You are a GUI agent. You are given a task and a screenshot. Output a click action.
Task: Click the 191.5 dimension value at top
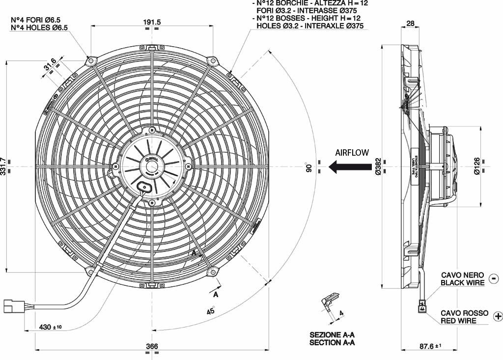pyautogui.click(x=152, y=22)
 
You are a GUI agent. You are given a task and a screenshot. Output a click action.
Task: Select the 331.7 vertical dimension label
pyautogui.click(x=4, y=167)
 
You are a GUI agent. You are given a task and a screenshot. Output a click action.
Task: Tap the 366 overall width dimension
pyautogui.click(x=152, y=346)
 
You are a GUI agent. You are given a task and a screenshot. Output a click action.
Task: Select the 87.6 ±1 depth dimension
pyautogui.click(x=428, y=346)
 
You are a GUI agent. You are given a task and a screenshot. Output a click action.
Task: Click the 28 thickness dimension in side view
pyautogui.click(x=411, y=24)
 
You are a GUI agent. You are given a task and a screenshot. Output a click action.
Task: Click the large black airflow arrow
pyautogui.click(x=349, y=167)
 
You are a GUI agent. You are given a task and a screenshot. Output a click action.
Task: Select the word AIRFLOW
pyautogui.click(x=352, y=152)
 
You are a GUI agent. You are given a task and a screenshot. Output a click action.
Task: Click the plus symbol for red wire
pyautogui.click(x=498, y=316)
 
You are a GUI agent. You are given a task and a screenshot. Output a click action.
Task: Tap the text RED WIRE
pyautogui.click(x=458, y=321)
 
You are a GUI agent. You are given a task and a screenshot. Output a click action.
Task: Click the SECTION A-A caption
pyautogui.click(x=332, y=342)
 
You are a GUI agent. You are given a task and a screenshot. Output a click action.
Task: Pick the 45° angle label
pyautogui.click(x=210, y=310)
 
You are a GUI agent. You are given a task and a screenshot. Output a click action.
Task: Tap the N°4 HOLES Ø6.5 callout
pyautogui.click(x=39, y=28)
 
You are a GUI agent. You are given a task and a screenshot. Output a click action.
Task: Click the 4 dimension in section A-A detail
pyautogui.click(x=341, y=312)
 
